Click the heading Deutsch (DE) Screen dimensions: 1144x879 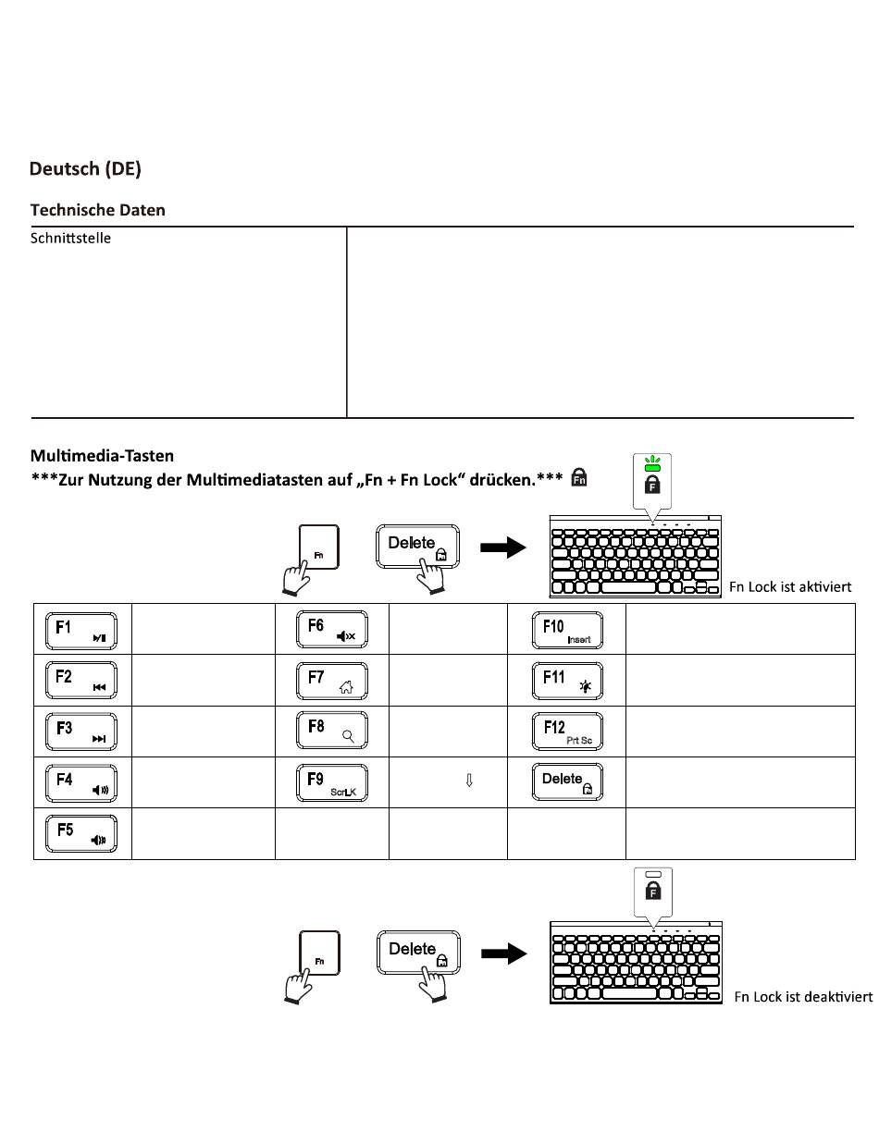[85, 169]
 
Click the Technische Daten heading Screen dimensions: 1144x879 [98, 210]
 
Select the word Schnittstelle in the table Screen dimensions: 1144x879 [71, 239]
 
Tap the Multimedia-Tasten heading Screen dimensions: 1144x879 [102, 455]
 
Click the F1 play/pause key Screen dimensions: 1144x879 [82, 631]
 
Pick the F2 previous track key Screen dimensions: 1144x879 [82, 681]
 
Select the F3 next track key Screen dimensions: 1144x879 [82, 732]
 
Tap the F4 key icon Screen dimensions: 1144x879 [82, 783]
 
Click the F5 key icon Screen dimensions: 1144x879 [82, 834]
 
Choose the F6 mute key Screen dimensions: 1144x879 [332, 631]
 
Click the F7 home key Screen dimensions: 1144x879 [332, 681]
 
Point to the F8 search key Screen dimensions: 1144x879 [332, 732]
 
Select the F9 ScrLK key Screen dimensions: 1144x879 [332, 783]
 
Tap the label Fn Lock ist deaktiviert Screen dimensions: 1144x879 [803, 997]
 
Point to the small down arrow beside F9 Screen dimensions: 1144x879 [469, 781]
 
